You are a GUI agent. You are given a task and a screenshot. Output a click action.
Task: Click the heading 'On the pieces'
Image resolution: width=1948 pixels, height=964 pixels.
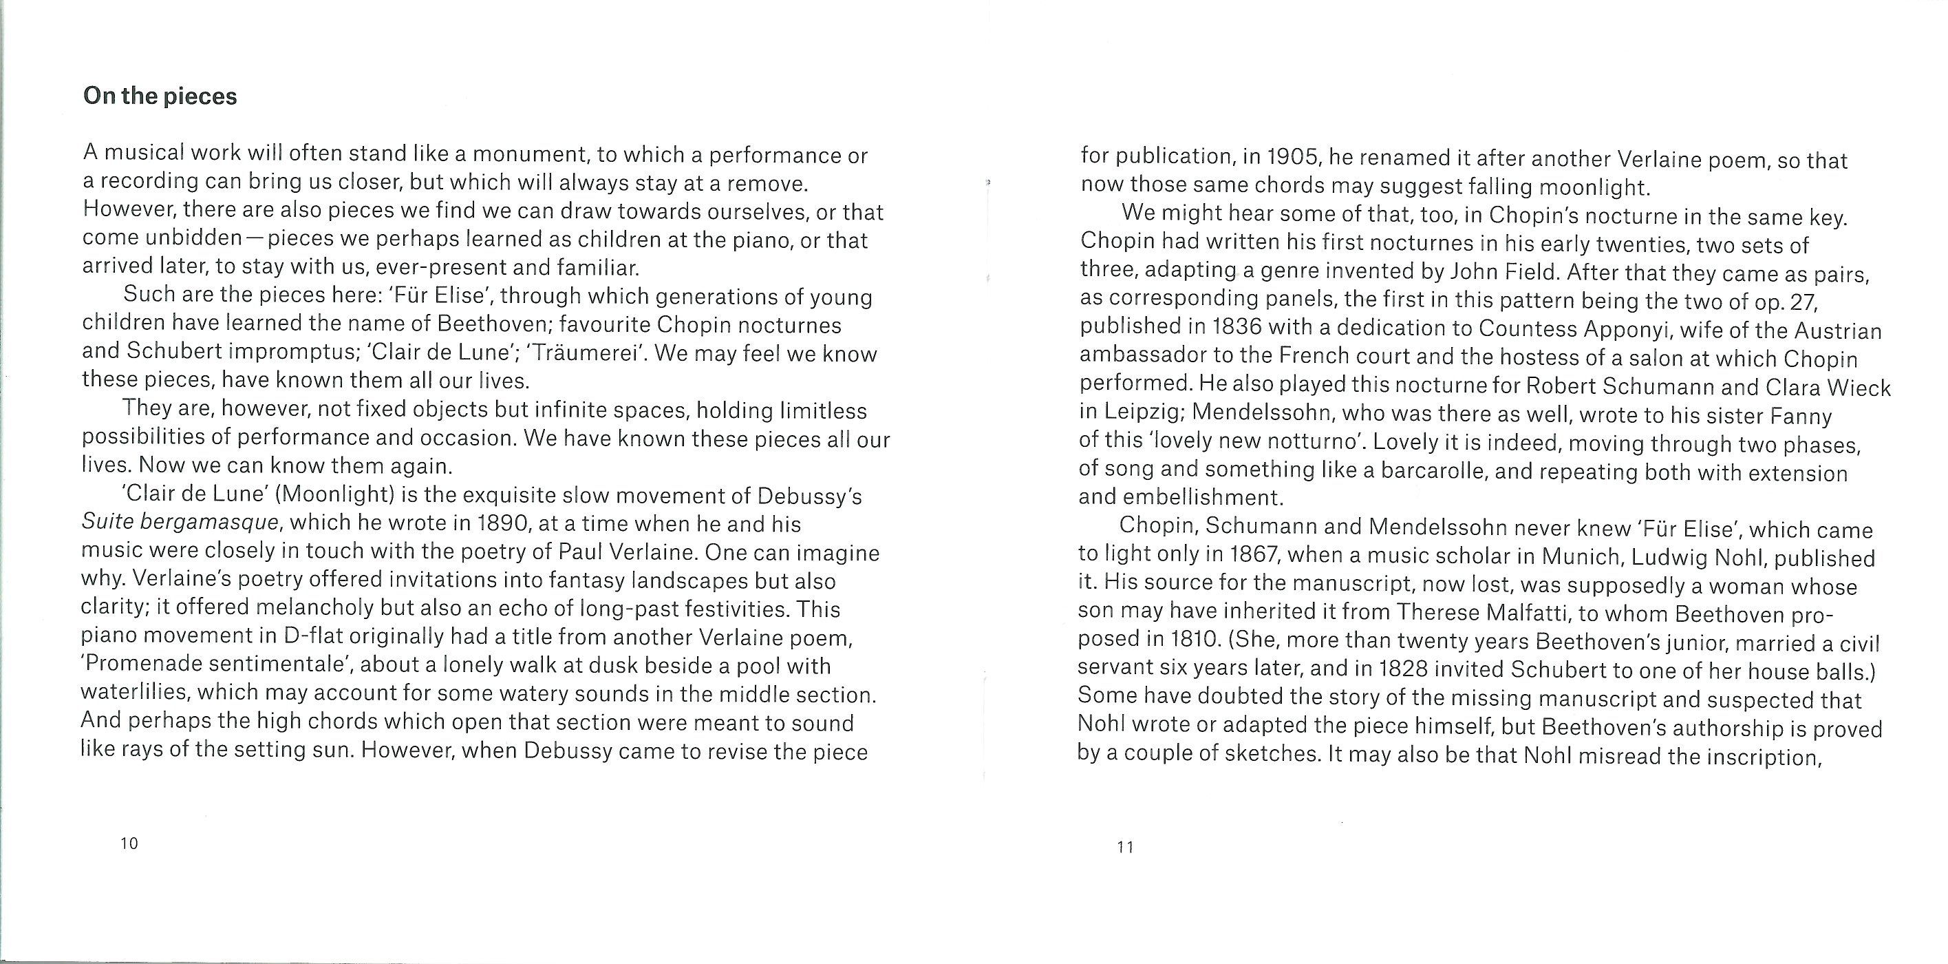coord(160,96)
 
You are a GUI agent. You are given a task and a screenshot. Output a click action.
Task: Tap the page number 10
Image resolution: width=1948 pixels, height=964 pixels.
coord(129,843)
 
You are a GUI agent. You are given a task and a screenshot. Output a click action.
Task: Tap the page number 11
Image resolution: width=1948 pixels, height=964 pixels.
coord(1125,848)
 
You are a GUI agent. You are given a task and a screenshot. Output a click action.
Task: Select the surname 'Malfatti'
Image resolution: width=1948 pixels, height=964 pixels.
coord(1528,612)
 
